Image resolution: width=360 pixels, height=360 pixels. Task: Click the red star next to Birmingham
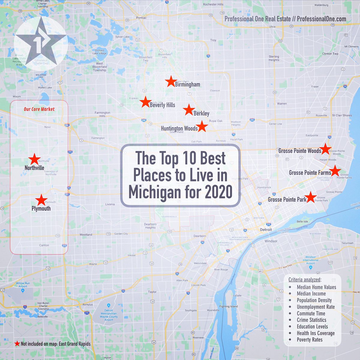[171, 81]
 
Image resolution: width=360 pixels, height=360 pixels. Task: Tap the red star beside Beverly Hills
[145, 102]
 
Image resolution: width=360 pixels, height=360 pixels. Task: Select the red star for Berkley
[189, 110]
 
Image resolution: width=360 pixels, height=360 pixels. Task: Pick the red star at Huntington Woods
[202, 127]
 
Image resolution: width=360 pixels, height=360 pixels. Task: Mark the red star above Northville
[34, 159]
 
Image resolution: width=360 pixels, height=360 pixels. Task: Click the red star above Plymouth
[41, 200]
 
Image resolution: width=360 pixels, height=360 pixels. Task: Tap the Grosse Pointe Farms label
[310, 172]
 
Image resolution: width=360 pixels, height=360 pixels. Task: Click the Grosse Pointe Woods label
[300, 151]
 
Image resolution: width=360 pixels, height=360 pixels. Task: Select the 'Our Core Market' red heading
[39, 109]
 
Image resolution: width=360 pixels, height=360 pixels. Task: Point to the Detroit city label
[266, 229]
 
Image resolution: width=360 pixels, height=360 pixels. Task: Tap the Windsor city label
[271, 241]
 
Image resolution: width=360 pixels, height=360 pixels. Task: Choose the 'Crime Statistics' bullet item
[311, 320]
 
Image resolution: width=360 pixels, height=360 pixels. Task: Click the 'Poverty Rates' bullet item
[310, 340]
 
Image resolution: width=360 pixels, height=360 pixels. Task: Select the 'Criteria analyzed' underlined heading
[304, 280]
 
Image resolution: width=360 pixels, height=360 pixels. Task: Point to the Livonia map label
[110, 204]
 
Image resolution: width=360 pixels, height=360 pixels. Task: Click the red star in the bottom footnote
[17, 344]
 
